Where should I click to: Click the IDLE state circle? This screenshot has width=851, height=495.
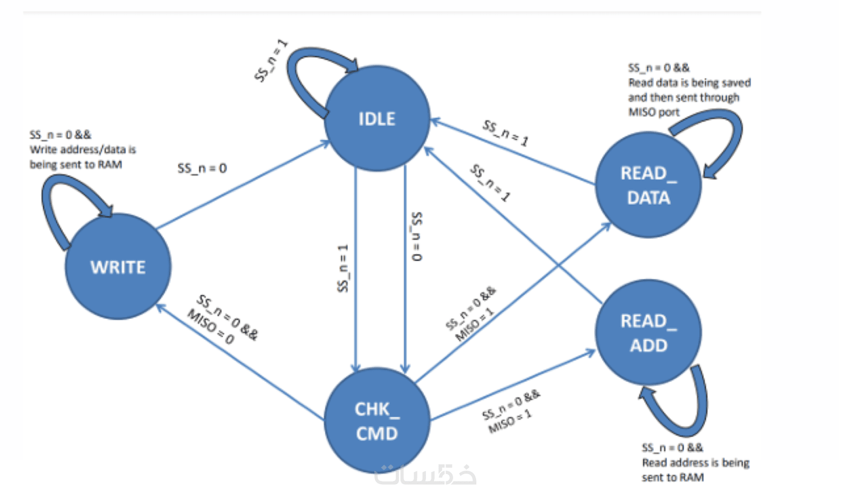click(x=377, y=119)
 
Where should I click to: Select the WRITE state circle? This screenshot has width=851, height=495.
click(x=118, y=266)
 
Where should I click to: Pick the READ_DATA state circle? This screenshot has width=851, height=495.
click(x=648, y=185)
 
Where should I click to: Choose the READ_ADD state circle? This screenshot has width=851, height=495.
click(x=648, y=332)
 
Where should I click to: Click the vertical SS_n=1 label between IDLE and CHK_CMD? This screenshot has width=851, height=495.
click(x=342, y=268)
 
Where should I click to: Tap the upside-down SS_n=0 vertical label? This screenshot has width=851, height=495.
click(x=416, y=236)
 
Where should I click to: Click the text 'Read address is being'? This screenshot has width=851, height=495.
click(x=695, y=462)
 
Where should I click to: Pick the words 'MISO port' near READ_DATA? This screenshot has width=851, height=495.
click(x=654, y=112)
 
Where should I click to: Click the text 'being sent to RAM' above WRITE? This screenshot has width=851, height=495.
click(x=76, y=165)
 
